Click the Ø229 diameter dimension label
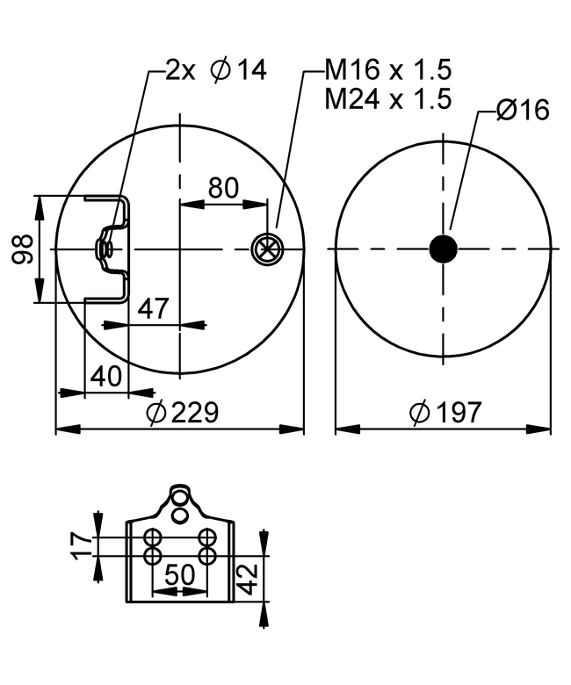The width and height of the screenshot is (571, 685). pyautogui.click(x=182, y=413)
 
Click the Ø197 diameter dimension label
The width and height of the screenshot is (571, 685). pyautogui.click(x=445, y=412)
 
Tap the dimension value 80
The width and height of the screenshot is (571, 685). pyautogui.click(x=224, y=188)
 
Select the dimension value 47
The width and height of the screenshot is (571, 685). pyautogui.click(x=153, y=308)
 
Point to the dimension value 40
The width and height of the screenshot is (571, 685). pyautogui.click(x=106, y=376)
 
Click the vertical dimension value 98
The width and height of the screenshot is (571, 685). pyautogui.click(x=22, y=249)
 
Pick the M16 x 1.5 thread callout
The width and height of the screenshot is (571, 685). pyautogui.click(x=388, y=69)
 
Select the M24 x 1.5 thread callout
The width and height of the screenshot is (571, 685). pyautogui.click(x=388, y=98)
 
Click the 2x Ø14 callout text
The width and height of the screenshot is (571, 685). pyautogui.click(x=216, y=70)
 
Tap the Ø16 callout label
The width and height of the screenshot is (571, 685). pyautogui.click(x=523, y=109)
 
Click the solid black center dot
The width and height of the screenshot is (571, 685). pyautogui.click(x=444, y=249)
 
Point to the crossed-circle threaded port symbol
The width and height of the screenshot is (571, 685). pyautogui.click(x=267, y=249)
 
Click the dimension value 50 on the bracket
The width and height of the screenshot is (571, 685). pyautogui.click(x=179, y=574)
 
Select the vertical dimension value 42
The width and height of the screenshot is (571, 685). pyautogui.click(x=249, y=580)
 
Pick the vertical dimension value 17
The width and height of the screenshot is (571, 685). pyautogui.click(x=82, y=546)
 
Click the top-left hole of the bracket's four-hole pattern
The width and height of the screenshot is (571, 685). pyautogui.click(x=153, y=537)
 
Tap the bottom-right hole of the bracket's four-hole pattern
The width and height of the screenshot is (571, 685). pyautogui.click(x=207, y=556)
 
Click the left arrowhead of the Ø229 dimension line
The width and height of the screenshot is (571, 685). pyautogui.click(x=69, y=429)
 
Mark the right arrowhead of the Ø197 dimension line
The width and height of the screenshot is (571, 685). pyautogui.click(x=538, y=429)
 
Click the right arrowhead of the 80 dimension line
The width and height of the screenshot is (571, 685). pyautogui.click(x=255, y=203)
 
